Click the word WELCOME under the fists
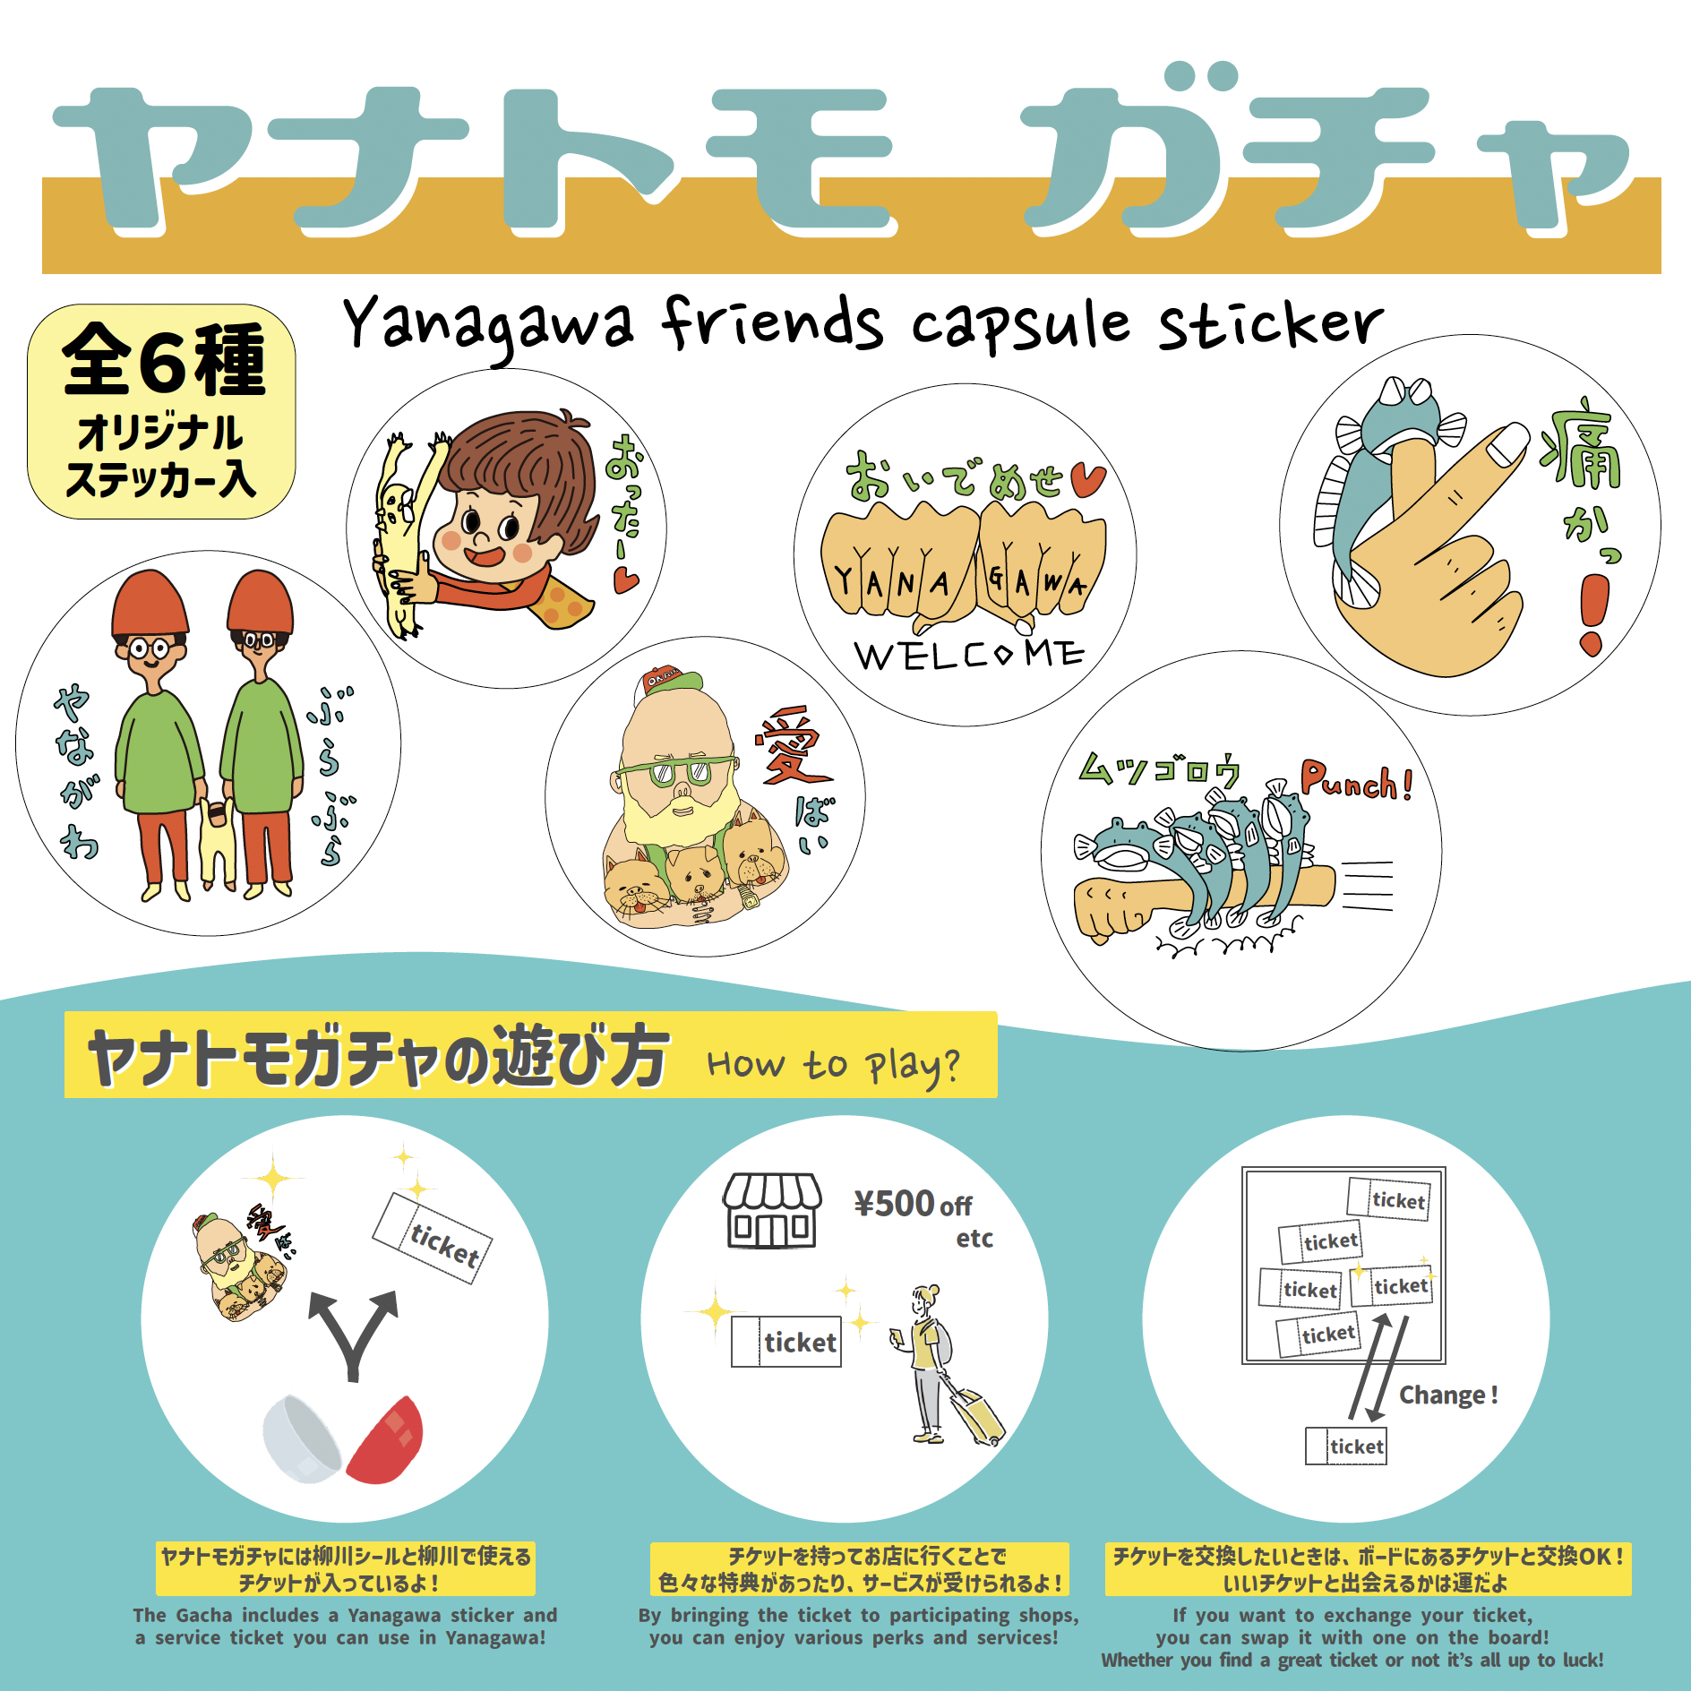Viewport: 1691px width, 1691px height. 969,654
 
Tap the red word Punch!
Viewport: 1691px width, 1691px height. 1356,781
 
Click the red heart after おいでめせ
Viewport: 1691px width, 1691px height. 1087,480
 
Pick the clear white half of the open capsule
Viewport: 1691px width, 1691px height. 301,1438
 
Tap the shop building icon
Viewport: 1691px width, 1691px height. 772,1210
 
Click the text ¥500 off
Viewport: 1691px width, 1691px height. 913,1205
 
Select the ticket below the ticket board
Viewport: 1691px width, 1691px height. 1345,1446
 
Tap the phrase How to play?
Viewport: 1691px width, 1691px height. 833,1066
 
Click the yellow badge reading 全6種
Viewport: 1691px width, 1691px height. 161,411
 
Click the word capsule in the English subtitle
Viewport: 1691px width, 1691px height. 1021,328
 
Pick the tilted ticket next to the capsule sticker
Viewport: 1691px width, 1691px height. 433,1238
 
